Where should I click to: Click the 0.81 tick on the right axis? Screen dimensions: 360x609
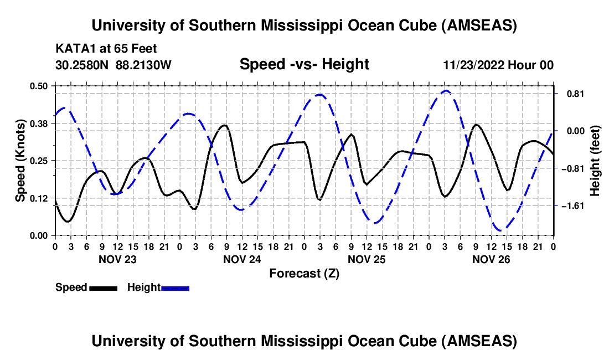point(571,94)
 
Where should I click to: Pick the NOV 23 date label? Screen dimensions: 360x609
point(117,259)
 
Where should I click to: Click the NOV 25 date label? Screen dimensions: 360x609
point(367,259)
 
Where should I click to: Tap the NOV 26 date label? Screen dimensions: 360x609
point(491,259)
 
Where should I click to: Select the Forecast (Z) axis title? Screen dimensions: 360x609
point(304,273)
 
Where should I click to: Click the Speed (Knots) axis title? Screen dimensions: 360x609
point(20,161)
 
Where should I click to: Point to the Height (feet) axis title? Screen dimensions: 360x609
point(595,161)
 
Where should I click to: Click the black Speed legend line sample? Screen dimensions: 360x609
point(104,288)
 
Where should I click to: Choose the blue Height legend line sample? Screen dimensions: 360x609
point(176,288)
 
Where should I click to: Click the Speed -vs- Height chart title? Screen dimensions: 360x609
point(304,64)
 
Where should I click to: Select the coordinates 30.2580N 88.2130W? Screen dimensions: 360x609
point(113,65)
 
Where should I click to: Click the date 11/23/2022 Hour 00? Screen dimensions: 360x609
point(498,65)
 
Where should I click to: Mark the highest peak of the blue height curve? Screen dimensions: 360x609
point(446,91)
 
